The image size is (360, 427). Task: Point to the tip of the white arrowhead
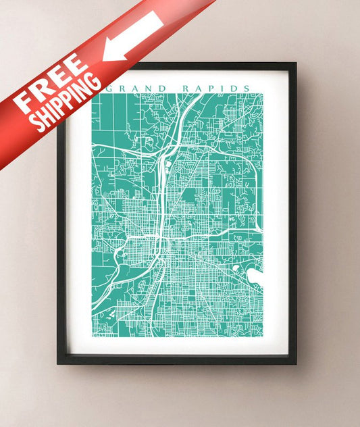click(x=103, y=59)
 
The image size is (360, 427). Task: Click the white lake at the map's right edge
click(x=255, y=276)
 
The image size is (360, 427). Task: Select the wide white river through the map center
click(x=161, y=203)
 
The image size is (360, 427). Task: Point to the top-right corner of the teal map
click(x=262, y=94)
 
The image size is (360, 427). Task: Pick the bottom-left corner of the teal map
click(x=93, y=336)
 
